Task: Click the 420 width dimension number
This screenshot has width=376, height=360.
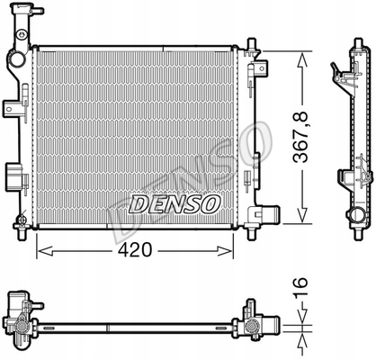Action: coord(135,249)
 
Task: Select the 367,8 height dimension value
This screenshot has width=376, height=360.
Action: coord(300,137)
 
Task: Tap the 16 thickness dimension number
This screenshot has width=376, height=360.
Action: coord(300,288)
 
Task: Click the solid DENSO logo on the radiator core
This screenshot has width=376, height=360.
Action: coord(175,204)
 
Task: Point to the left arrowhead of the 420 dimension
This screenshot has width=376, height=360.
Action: coord(44,251)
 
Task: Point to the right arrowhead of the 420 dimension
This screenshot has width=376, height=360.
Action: coord(225,251)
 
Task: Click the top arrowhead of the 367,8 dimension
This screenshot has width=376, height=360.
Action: coord(302,59)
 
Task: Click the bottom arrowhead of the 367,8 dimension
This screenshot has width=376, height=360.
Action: coord(302,215)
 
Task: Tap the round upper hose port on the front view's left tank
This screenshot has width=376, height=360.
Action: coord(17,59)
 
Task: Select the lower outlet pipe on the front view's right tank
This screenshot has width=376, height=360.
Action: coord(270,214)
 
